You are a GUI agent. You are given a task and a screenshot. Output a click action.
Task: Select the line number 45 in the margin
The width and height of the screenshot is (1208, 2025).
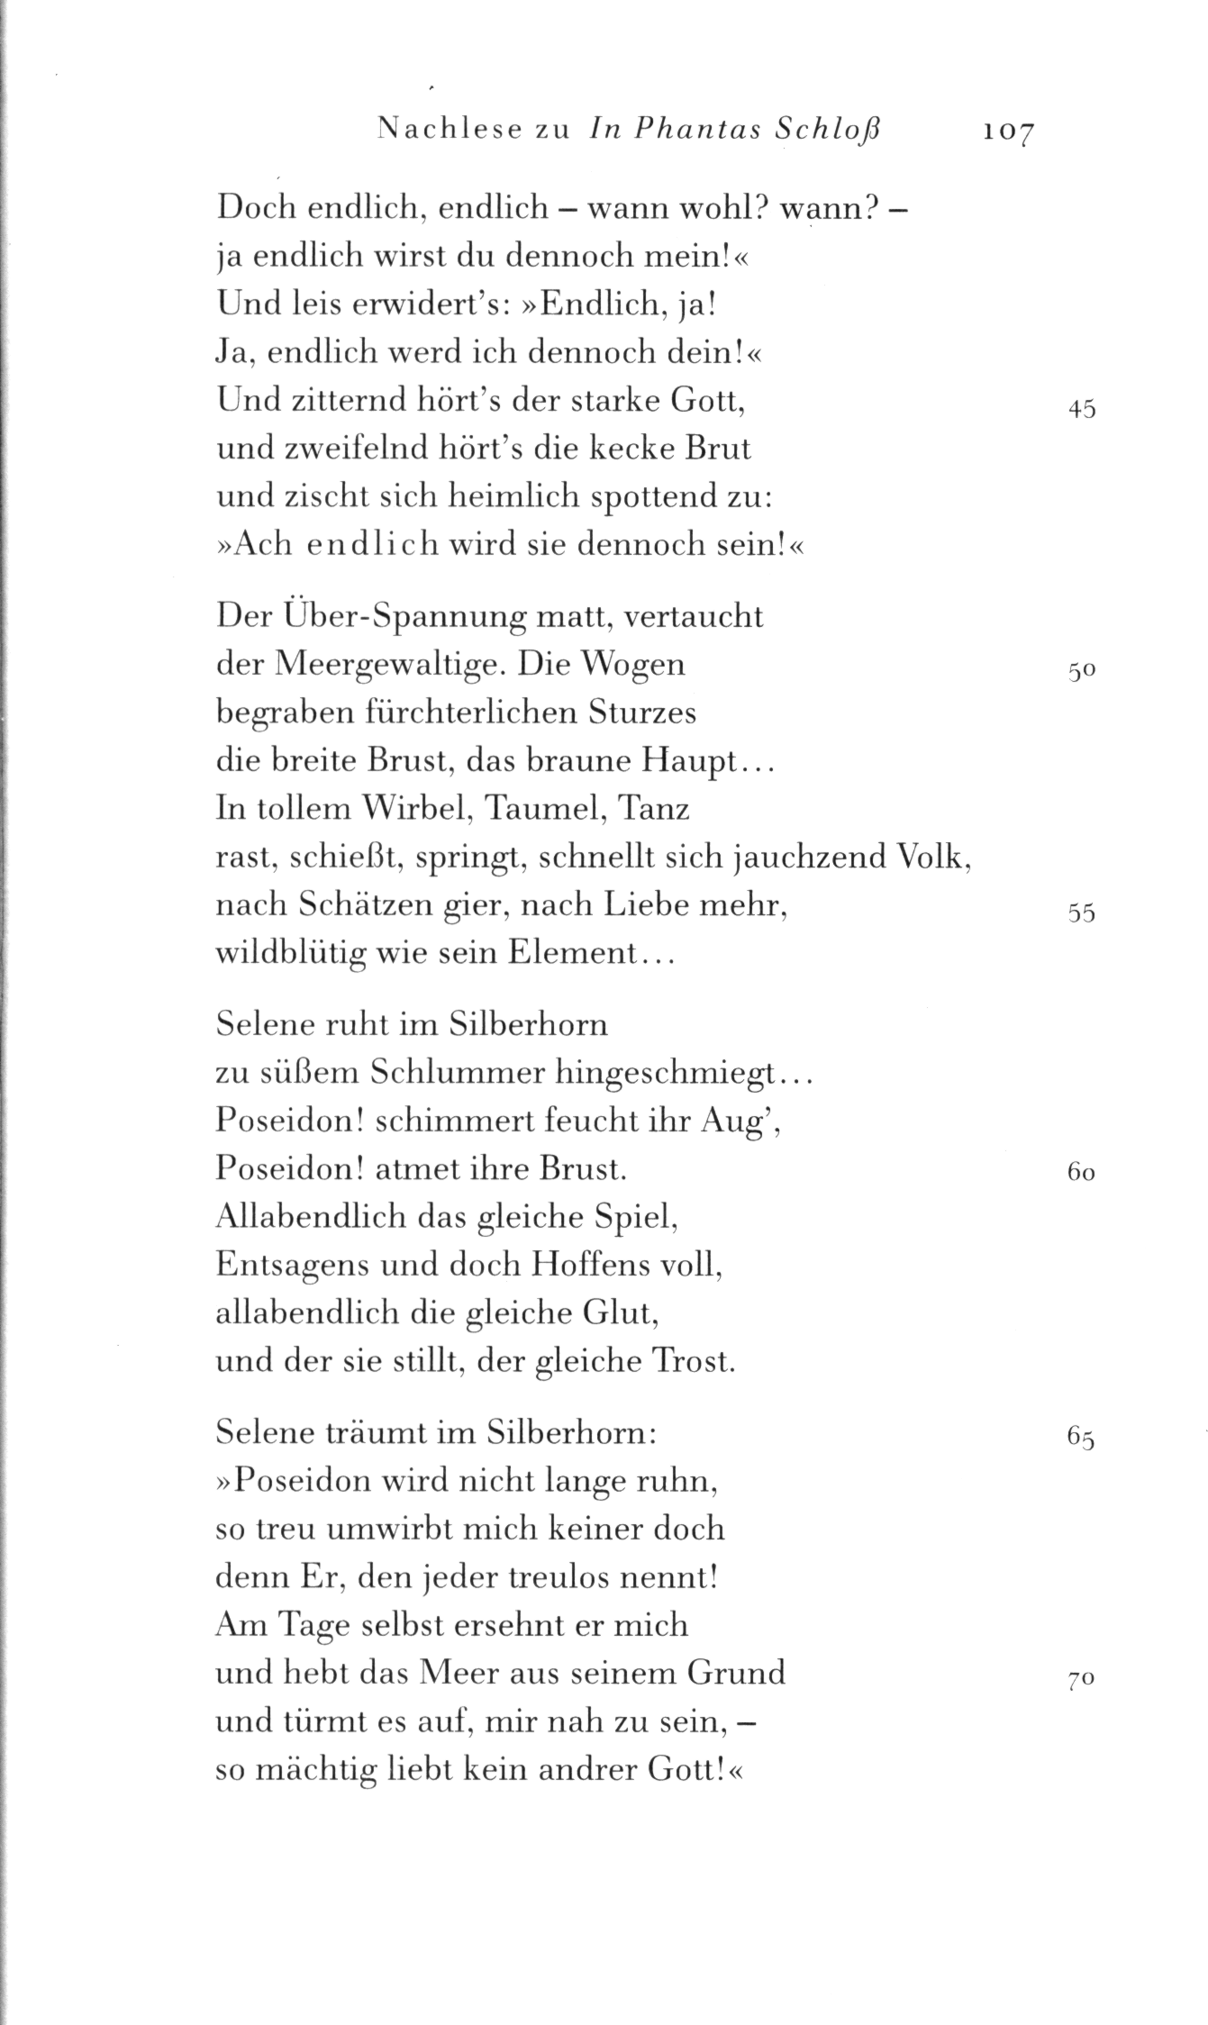1081,410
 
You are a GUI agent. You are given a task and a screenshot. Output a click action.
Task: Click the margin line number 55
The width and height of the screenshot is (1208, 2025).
1081,913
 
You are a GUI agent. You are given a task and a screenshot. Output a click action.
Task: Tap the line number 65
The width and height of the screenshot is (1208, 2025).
1081,1438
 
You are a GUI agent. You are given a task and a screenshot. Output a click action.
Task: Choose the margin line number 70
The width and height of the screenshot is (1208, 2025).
1081,1680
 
